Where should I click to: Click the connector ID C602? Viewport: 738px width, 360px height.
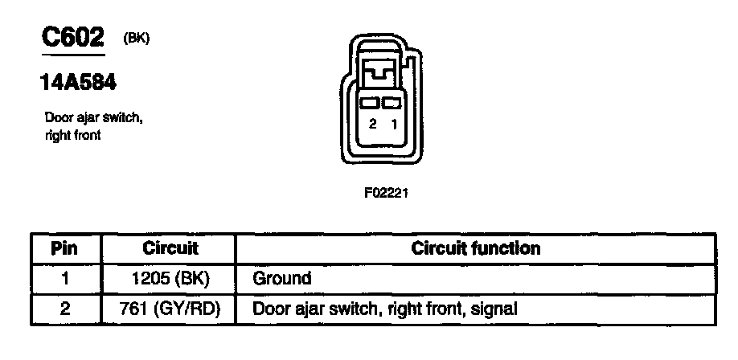(x=72, y=38)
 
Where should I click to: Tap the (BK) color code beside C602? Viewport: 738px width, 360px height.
(x=137, y=38)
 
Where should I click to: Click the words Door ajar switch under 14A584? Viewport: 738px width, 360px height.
(x=93, y=119)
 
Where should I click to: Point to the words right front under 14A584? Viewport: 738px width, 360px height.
(x=73, y=135)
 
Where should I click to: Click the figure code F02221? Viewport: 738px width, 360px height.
(x=381, y=193)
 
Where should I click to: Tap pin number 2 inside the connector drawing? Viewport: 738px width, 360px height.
(x=372, y=124)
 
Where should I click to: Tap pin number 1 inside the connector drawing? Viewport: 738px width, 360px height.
(x=393, y=124)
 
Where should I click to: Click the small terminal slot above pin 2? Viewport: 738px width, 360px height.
(x=371, y=104)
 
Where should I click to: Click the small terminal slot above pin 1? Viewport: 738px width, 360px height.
(x=392, y=104)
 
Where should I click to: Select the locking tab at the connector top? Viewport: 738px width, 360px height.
(x=381, y=75)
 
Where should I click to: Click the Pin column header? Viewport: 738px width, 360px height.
(x=64, y=248)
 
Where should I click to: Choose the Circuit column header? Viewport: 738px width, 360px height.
(x=170, y=248)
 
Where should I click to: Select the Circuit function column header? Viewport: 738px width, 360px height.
(x=476, y=248)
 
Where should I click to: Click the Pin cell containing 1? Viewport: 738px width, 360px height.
(x=64, y=279)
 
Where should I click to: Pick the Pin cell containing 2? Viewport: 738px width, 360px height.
(x=64, y=308)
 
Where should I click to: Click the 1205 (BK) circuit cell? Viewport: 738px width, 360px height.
(x=170, y=279)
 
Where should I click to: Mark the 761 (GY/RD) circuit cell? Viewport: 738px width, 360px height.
(x=170, y=308)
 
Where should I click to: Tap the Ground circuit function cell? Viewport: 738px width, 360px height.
(x=282, y=279)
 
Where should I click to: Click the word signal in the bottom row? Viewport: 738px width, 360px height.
(x=494, y=308)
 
